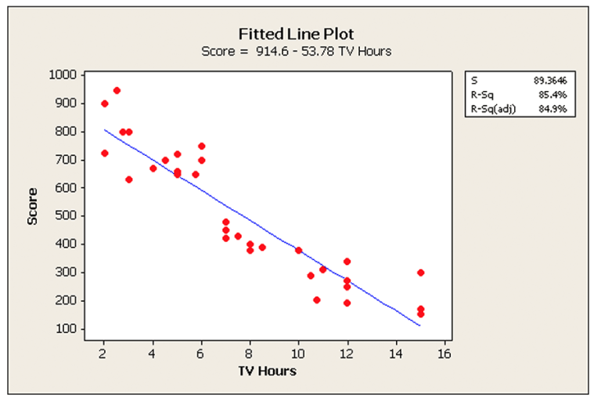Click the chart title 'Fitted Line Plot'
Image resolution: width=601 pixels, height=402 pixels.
pyautogui.click(x=296, y=34)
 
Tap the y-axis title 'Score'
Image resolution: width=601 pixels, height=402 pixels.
pyautogui.click(x=33, y=209)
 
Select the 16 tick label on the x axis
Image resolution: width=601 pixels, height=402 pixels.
pyautogui.click(x=444, y=353)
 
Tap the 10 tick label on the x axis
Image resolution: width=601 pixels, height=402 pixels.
pyautogui.click(x=298, y=353)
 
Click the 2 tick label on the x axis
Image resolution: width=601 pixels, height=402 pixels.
pyautogui.click(x=103, y=353)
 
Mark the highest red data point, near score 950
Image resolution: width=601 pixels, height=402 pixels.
pyautogui.click(x=117, y=91)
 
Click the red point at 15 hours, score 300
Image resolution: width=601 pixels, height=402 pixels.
pyautogui.click(x=420, y=273)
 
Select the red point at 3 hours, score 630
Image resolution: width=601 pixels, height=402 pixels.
pyautogui.click(x=128, y=179)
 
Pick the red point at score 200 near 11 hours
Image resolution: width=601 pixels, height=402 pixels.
pyautogui.click(x=316, y=300)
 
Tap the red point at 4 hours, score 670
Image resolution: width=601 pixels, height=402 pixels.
pyautogui.click(x=153, y=168)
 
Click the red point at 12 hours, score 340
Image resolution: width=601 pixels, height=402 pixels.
pyautogui.click(x=347, y=262)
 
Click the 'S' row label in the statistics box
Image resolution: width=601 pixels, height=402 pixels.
pyautogui.click(x=474, y=79)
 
